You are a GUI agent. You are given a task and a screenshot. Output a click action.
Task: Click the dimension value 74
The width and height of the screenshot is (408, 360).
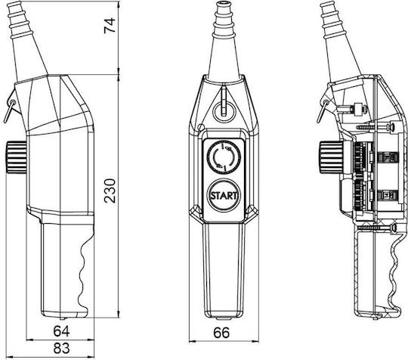[x=110, y=26]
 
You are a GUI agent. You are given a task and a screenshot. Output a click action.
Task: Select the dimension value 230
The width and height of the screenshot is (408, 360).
[x=110, y=191]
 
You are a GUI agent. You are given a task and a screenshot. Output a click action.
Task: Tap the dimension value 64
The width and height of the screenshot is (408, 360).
[x=61, y=331]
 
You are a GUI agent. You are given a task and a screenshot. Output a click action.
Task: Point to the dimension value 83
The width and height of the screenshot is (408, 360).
[x=61, y=348]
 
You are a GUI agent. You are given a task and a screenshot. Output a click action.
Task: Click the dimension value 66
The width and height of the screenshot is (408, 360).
[x=221, y=333]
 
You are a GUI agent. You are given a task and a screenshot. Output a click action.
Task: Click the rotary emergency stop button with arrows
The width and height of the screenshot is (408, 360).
[x=224, y=157]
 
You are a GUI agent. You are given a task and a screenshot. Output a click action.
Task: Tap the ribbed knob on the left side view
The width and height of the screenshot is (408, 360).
[x=16, y=157]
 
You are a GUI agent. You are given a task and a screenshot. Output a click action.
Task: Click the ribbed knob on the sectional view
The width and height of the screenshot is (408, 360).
[x=330, y=157]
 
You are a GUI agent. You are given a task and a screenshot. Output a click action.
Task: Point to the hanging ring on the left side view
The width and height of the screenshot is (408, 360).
[x=9, y=110]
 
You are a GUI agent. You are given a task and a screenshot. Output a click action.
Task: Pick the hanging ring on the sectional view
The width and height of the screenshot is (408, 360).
[x=322, y=110]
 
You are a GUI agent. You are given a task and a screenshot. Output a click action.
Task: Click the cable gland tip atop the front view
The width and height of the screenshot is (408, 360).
[x=224, y=5]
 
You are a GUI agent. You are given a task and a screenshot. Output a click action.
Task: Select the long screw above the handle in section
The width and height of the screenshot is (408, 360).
[x=376, y=228]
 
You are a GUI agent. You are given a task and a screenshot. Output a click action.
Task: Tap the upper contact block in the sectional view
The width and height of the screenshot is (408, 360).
[x=388, y=158]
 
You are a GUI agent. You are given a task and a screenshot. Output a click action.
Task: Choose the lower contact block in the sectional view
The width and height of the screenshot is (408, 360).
[x=388, y=194]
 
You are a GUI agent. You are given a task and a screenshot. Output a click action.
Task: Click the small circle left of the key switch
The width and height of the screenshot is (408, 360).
[x=201, y=127]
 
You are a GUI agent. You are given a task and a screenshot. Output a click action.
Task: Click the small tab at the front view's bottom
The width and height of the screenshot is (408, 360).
[x=224, y=318]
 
